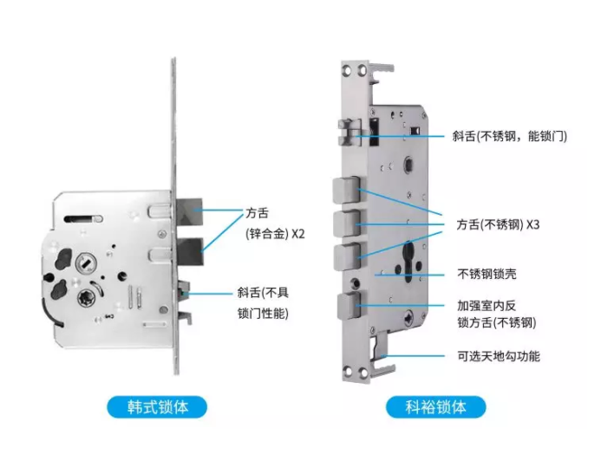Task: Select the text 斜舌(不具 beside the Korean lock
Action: click(265, 293)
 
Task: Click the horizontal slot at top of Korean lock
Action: click(82, 216)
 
